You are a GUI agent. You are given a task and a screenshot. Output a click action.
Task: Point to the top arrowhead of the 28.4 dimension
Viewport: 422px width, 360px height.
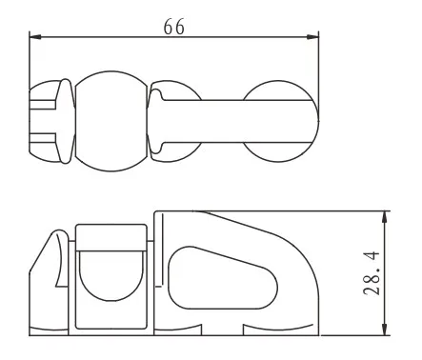385,216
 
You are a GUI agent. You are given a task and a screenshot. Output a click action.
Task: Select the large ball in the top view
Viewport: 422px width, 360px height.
110,121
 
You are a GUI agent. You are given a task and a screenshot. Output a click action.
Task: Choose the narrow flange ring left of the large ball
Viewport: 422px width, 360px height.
66,121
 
